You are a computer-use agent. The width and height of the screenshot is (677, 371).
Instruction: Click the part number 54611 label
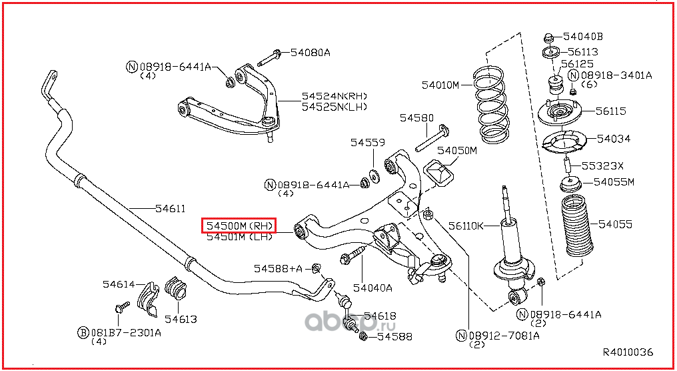[171, 209]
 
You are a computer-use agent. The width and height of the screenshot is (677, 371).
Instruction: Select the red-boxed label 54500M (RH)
[239, 226]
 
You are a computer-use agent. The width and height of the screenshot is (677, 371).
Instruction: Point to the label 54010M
[440, 85]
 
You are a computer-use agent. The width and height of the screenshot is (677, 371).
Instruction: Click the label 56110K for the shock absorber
[466, 226]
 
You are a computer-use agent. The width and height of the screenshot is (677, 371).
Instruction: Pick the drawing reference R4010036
[628, 352]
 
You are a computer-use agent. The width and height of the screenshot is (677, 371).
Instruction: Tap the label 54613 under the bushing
[181, 320]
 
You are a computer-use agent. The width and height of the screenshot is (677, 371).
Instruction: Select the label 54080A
[310, 53]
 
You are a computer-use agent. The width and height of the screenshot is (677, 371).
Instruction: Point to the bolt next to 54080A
[269, 58]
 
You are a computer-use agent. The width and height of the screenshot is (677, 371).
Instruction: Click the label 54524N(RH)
[334, 96]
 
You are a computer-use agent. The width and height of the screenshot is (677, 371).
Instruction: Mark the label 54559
[367, 143]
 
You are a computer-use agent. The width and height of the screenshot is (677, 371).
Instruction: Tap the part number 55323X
[603, 165]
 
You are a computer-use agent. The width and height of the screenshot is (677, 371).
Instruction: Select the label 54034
[614, 139]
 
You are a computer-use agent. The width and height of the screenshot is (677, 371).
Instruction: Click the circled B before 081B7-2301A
[83, 332]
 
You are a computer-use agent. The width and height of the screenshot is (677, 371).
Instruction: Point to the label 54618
[380, 316]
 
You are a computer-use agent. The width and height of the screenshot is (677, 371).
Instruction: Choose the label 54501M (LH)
[239, 237]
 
